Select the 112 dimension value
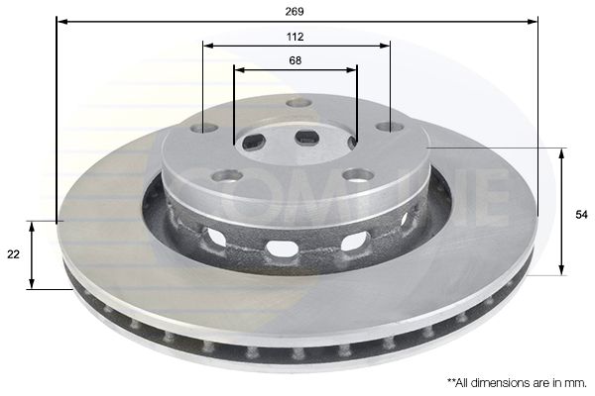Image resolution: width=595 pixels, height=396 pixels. (297, 37)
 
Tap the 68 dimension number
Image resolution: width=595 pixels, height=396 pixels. (296, 60)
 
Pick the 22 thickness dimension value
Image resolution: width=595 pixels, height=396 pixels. (14, 254)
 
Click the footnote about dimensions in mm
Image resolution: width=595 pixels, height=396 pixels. (517, 381)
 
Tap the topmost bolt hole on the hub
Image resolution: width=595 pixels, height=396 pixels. (298, 103)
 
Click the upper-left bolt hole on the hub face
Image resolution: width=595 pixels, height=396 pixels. (204, 128)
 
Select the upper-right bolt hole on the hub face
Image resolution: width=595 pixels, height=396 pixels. (390, 127)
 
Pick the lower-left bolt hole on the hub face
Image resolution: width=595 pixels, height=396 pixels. (228, 176)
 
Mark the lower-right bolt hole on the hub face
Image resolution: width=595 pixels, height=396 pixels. (358, 175)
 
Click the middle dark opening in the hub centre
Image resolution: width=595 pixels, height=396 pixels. (306, 137)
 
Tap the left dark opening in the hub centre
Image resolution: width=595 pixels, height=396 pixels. (254, 142)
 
